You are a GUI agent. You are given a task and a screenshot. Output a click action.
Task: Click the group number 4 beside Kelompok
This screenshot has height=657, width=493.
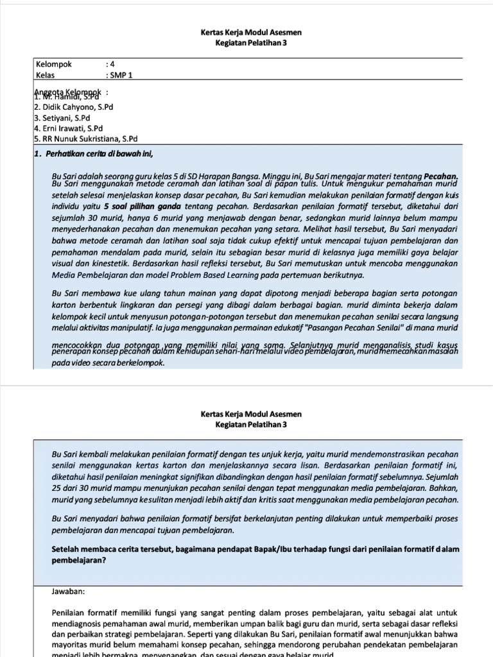click(x=112, y=64)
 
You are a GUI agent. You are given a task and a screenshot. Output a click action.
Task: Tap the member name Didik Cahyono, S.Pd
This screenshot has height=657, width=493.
click(x=76, y=108)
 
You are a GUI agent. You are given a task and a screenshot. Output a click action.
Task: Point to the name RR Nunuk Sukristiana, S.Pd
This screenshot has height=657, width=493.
click(x=89, y=139)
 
